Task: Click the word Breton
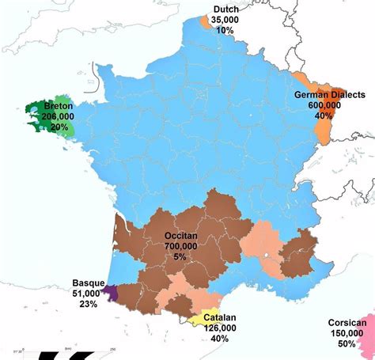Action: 59,105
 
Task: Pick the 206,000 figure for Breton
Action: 57,116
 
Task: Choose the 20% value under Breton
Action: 58,127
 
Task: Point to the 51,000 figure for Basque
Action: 88,293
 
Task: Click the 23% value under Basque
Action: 88,304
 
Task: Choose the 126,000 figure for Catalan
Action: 219,328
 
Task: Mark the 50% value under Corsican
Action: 346,344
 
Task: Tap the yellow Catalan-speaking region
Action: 204,318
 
